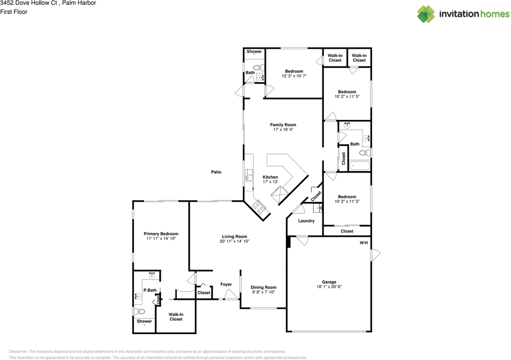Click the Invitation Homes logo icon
426,14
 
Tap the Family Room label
283,125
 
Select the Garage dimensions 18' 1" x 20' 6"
329,287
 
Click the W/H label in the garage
364,243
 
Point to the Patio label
216,172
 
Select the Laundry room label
306,221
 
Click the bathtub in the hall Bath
359,165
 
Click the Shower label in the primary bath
144,321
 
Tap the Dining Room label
263,287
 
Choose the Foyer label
226,284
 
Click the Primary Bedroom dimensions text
161,239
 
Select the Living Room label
234,237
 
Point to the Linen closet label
158,300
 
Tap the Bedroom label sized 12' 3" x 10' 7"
294,71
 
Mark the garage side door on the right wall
375,255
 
